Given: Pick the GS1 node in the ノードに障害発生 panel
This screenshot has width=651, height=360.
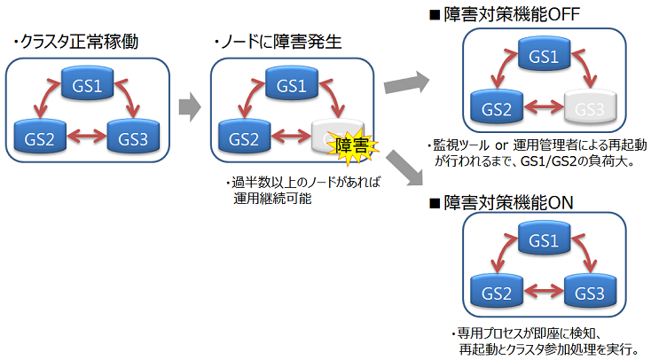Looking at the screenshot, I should point(291,87).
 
